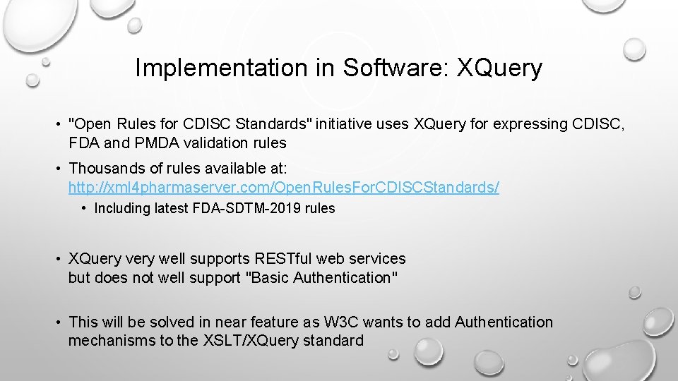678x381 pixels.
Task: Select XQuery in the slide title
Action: click(x=500, y=68)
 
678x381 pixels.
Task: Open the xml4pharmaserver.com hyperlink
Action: click(x=283, y=188)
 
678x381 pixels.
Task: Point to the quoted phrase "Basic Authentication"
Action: click(x=321, y=278)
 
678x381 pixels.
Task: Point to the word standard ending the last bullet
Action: click(x=335, y=341)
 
